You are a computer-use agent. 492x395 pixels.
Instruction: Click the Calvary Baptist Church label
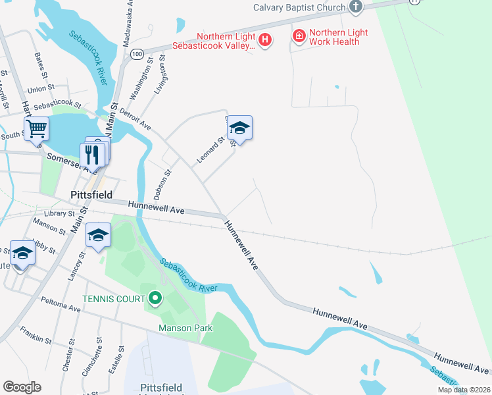[x=299, y=8]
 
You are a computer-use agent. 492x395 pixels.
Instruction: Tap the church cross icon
[x=356, y=7]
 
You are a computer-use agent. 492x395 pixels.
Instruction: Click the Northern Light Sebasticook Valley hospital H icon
[x=264, y=41]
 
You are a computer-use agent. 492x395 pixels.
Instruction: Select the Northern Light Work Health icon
[x=299, y=36]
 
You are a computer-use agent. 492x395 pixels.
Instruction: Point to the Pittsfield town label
[x=91, y=196]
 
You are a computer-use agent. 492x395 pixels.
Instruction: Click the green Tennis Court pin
[x=155, y=300]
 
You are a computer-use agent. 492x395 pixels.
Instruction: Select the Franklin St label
[x=36, y=335]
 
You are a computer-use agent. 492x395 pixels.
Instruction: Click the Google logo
[x=22, y=387]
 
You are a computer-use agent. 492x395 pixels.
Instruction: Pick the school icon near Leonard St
[x=240, y=128]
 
